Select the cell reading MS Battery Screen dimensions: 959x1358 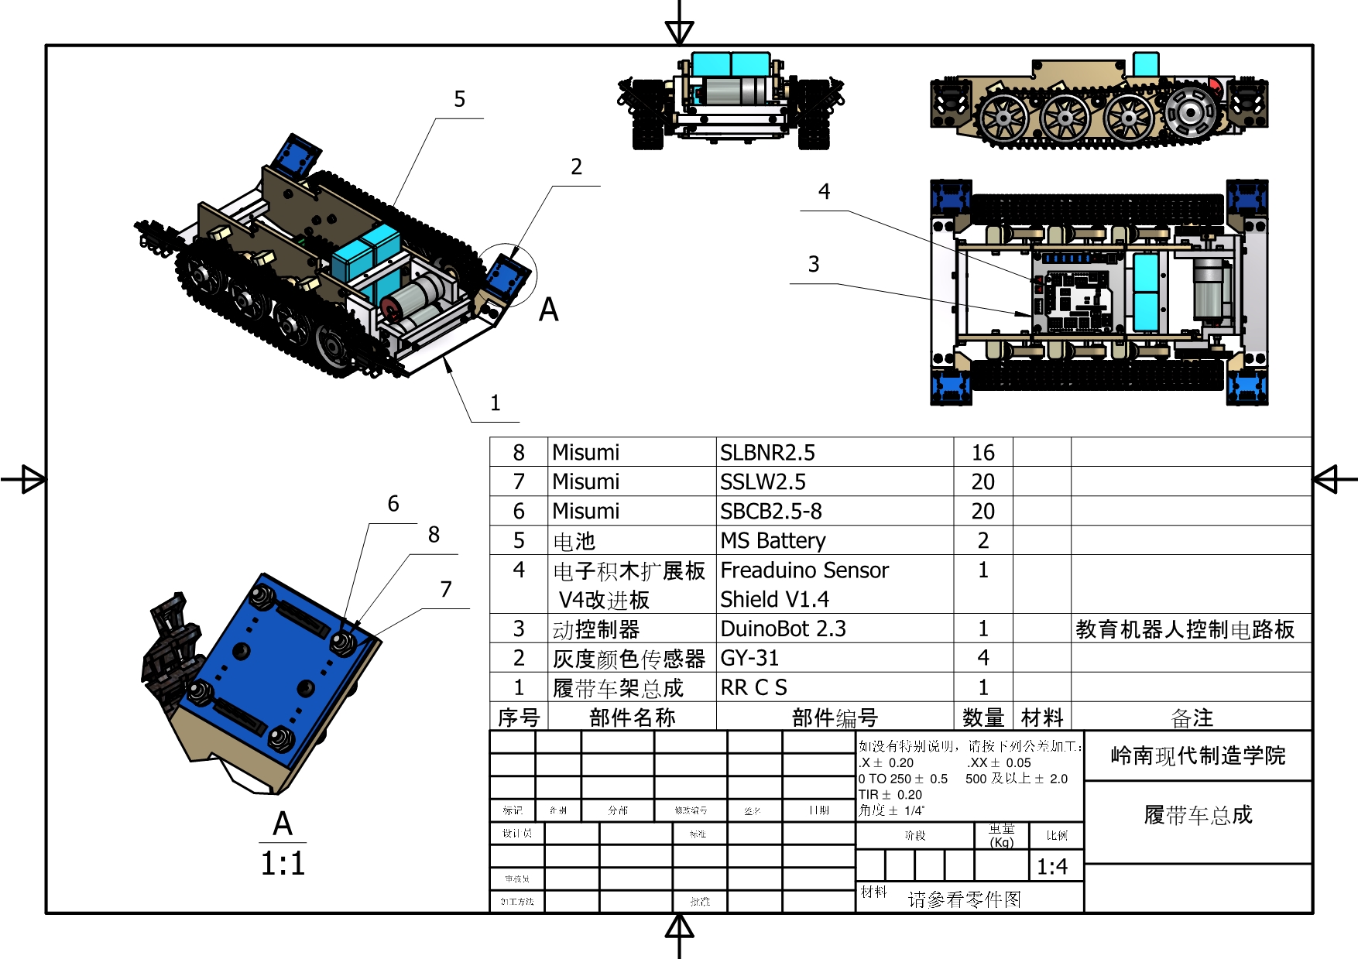coord(773,540)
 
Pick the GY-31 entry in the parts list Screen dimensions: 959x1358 coord(749,658)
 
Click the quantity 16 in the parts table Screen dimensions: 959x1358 coord(983,453)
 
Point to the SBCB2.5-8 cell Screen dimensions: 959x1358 coord(770,511)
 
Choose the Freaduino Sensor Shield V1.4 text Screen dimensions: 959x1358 coord(804,584)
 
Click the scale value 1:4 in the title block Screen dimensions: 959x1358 coord(1052,867)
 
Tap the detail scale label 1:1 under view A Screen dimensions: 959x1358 coord(283,864)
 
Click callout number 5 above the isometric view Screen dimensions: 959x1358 coord(460,99)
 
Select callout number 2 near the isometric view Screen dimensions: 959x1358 coord(576,166)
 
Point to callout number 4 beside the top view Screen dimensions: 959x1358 coord(824,191)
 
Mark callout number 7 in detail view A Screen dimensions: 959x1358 coord(446,589)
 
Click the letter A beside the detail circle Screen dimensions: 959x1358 coord(548,310)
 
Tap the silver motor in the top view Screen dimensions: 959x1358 coord(1209,290)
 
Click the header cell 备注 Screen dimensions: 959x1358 coord(1192,718)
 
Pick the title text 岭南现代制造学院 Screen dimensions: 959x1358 coord(1198,755)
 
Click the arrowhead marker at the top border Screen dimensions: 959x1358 coord(680,32)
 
